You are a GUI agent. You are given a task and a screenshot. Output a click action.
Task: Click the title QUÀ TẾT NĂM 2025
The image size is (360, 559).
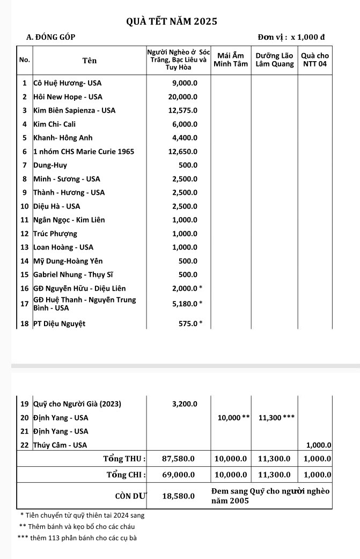[x=172, y=21]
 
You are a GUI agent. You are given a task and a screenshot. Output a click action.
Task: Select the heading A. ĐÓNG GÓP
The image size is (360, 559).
[x=51, y=37]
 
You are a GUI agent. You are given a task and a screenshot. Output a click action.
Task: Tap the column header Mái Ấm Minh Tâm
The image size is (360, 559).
[x=231, y=60]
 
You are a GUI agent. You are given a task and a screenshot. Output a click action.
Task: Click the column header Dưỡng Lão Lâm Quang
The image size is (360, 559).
[x=275, y=60]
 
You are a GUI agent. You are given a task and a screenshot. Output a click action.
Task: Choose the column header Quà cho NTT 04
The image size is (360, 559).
[x=315, y=60]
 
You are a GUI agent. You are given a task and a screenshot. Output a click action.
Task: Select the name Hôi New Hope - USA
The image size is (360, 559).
[x=68, y=97]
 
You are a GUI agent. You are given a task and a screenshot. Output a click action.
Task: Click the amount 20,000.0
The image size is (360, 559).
[x=183, y=97]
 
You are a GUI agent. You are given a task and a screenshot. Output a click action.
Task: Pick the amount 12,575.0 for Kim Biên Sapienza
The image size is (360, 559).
[x=183, y=111]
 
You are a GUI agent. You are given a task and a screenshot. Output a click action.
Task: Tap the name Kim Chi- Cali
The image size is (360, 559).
[x=55, y=124]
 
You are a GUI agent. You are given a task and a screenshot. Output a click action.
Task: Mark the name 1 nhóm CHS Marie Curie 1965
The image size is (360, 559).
[x=83, y=152]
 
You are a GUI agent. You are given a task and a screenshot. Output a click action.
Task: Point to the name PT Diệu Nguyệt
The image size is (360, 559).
[x=59, y=323]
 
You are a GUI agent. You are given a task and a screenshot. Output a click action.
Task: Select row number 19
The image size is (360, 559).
[x=24, y=403]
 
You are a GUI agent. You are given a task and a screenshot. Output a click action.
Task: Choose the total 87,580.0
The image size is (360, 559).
[x=178, y=459]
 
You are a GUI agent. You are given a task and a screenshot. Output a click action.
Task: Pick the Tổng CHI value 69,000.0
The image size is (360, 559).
[x=178, y=475]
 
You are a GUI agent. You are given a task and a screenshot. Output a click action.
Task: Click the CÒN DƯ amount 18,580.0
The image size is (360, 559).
[x=178, y=496]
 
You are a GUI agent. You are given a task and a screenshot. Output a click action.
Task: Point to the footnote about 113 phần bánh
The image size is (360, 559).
[x=77, y=538]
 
